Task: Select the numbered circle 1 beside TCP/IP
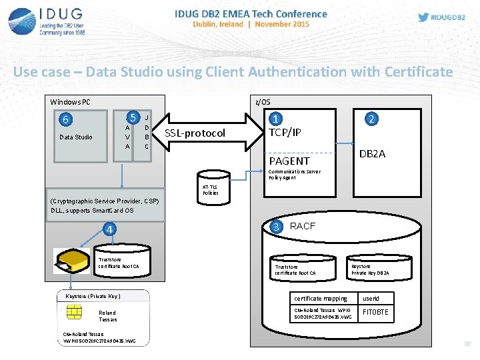click(x=275, y=119)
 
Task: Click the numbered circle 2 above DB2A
click(x=372, y=119)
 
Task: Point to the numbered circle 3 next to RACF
click(x=276, y=226)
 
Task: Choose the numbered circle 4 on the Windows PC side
click(x=109, y=230)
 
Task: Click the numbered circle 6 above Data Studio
click(x=65, y=120)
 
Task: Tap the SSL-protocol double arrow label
click(x=195, y=133)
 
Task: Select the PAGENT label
click(x=289, y=161)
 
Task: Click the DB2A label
click(x=372, y=154)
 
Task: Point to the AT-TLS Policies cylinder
click(x=211, y=189)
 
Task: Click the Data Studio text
click(x=75, y=137)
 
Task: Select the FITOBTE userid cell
click(x=375, y=312)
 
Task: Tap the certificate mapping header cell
click(x=321, y=299)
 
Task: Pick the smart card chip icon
click(x=75, y=312)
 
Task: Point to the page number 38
click(x=467, y=344)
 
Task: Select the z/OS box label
click(x=263, y=101)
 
